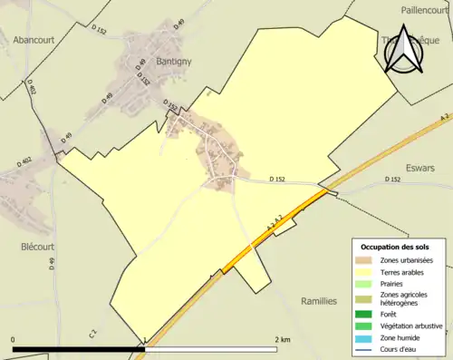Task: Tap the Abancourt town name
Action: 36,39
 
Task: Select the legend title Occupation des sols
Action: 397,247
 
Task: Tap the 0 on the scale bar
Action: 14,339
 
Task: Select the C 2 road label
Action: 93,335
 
